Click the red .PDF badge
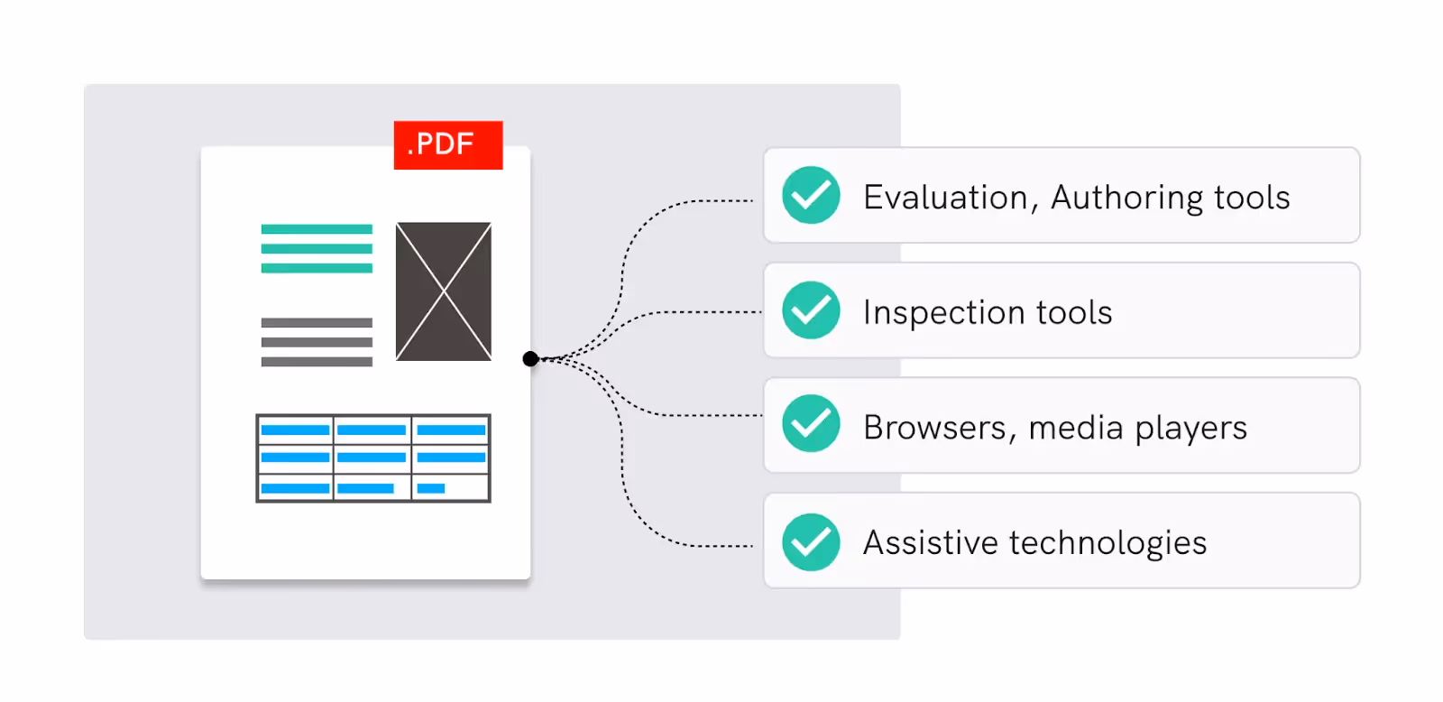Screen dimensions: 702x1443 447,144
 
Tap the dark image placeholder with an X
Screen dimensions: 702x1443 444,291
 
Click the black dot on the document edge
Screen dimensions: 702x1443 530,359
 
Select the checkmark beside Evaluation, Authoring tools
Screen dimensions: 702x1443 811,195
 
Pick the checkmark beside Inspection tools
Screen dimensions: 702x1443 811,310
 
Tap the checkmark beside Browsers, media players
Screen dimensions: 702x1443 811,424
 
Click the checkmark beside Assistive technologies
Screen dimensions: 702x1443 811,541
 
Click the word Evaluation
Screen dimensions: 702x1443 945,197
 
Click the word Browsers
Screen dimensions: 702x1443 934,428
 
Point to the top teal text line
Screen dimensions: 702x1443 317,229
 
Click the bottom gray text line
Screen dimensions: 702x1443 317,362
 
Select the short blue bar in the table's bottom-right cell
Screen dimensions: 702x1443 431,488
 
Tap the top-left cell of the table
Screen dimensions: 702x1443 295,430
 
